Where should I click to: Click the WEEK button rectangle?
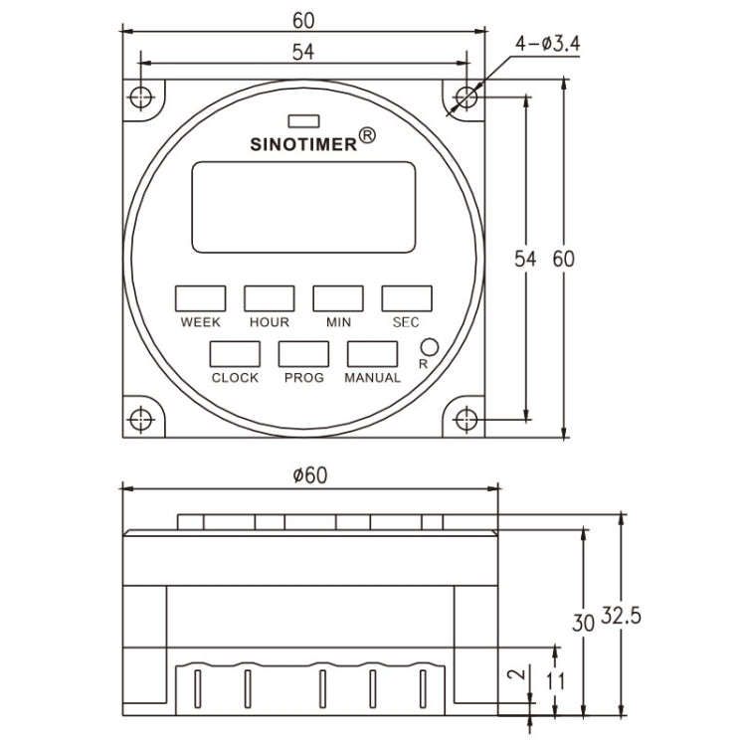[200, 298]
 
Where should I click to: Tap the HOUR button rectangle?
[270, 298]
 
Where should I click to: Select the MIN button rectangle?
[338, 298]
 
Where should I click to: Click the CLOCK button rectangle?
[235, 354]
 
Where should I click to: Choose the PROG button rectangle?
[303, 354]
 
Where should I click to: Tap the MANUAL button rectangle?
[372, 354]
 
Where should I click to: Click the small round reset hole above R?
[429, 347]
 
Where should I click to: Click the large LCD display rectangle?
[302, 207]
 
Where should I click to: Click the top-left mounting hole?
[141, 97]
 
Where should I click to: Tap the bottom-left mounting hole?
[141, 419]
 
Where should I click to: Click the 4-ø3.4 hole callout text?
[547, 46]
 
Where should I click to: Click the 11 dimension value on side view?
[555, 681]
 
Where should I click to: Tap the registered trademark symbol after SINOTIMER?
[366, 135]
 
